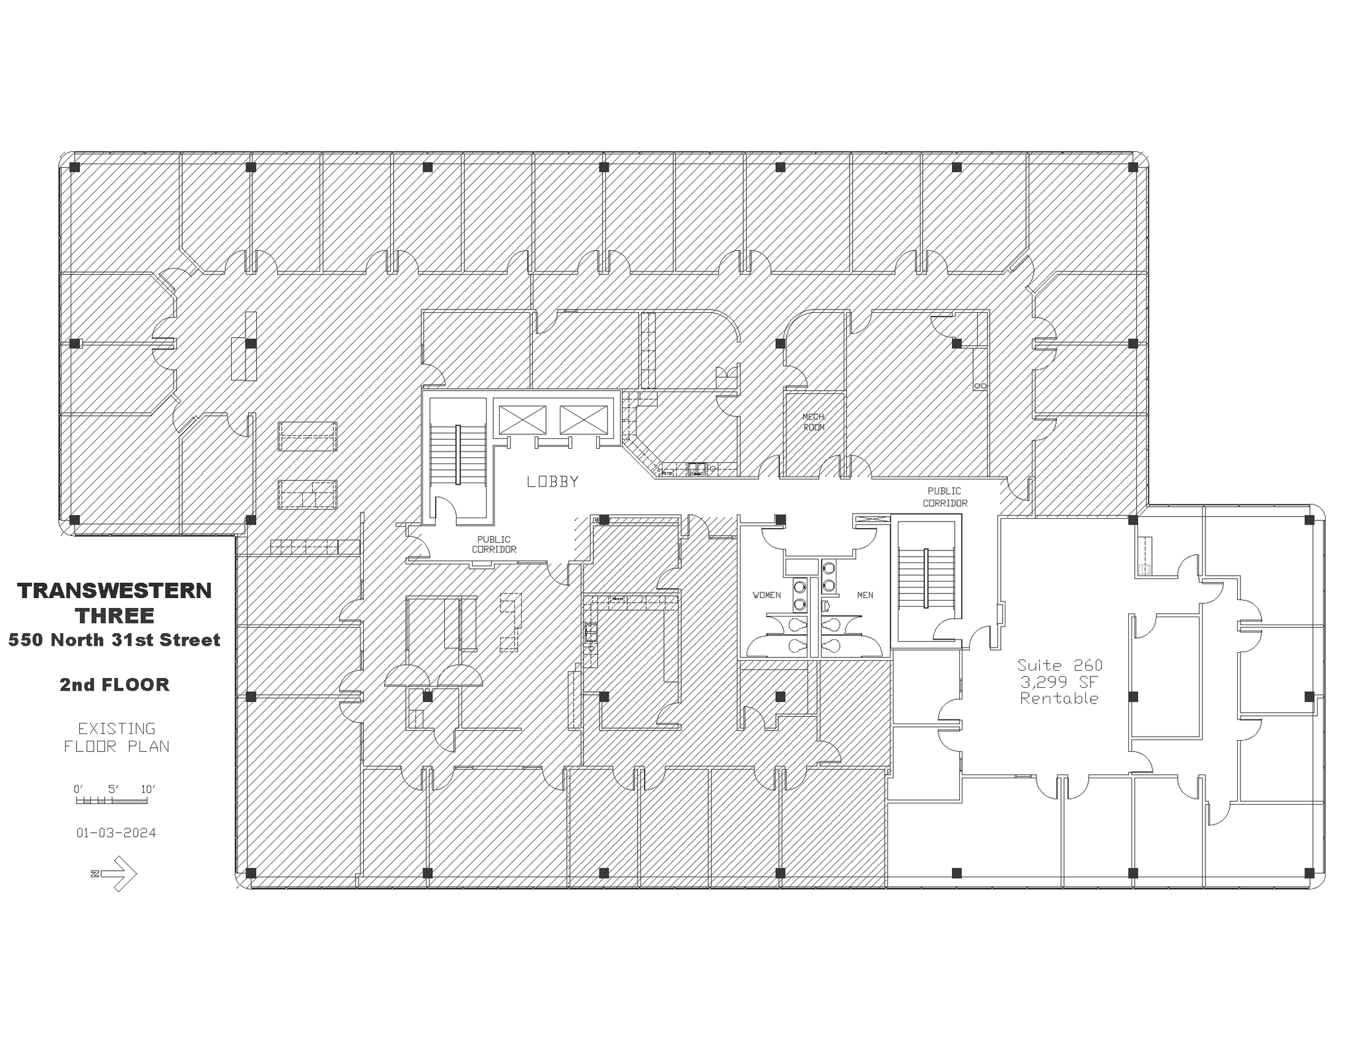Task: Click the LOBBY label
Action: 553,482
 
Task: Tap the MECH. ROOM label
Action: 813,422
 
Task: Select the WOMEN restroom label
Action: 766,595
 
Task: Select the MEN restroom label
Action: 865,595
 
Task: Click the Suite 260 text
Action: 1059,665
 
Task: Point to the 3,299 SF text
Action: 1059,682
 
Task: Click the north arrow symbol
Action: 116,873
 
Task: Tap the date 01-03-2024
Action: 116,832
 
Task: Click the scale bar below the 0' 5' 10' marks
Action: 111,801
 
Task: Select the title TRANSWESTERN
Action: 115,590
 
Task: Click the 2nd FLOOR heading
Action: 115,685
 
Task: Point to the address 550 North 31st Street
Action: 115,640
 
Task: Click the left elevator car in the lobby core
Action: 522,420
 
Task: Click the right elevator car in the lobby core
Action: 584,420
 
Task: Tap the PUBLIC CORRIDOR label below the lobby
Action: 494,544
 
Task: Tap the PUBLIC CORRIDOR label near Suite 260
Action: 945,496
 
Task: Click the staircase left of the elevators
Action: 457,454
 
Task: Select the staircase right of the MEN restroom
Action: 926,578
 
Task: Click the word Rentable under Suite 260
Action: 1059,698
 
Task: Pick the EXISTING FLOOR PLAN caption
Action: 116,737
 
